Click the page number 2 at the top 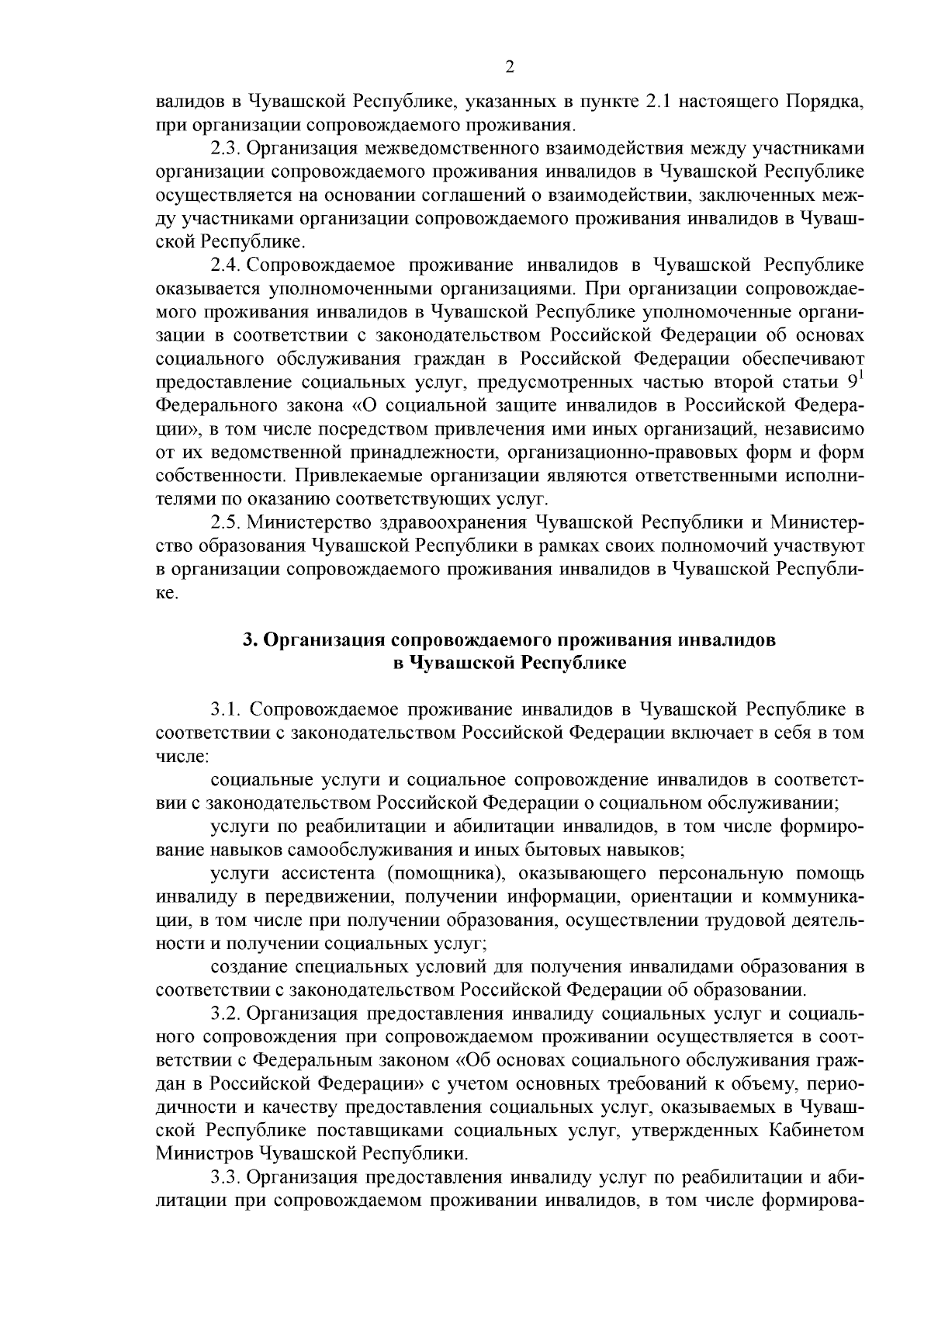[510, 67]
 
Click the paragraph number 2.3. [224, 148]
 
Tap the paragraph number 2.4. [224, 265]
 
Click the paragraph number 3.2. [224, 1014]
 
